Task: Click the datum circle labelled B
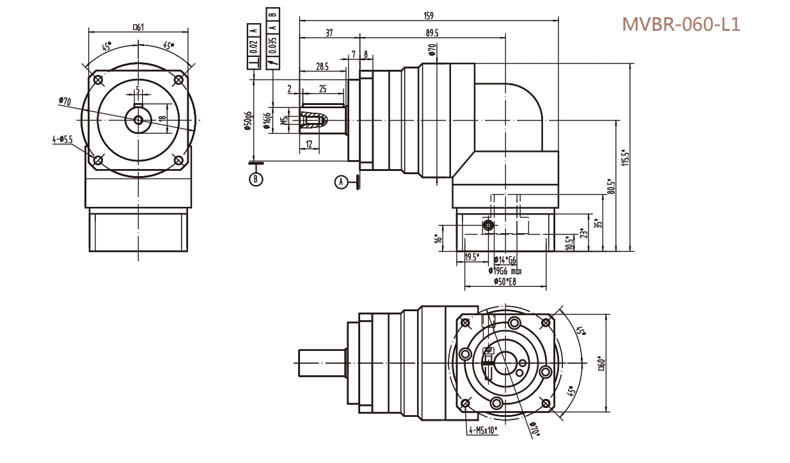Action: [255, 179]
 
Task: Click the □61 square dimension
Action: [138, 27]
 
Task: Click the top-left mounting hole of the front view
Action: [97, 81]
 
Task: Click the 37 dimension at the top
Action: [329, 33]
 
